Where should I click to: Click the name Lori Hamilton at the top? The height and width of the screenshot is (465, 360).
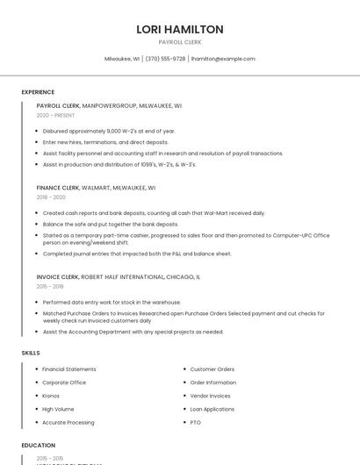[180, 29]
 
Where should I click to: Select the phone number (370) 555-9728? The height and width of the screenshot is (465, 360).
[165, 59]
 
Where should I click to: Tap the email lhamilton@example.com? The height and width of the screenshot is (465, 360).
[223, 59]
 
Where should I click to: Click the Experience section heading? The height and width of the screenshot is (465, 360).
[38, 92]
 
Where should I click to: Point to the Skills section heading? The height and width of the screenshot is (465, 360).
[31, 353]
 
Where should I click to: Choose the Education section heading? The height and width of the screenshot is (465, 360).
[39, 446]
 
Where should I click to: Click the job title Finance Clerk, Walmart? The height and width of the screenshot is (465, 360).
[96, 188]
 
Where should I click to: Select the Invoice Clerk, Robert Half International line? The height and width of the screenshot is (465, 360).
[119, 276]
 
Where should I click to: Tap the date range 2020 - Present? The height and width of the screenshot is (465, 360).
[55, 115]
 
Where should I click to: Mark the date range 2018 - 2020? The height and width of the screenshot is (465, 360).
[51, 197]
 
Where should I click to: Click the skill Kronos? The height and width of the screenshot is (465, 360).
[51, 396]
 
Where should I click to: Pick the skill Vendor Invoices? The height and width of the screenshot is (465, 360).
[211, 396]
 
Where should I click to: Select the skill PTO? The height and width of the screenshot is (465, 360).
[196, 423]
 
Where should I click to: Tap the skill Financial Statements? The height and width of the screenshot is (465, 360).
[69, 369]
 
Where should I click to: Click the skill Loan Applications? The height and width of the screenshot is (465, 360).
[212, 409]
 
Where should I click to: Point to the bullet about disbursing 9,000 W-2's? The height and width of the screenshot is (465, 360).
[109, 131]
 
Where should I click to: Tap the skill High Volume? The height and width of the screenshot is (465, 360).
[58, 409]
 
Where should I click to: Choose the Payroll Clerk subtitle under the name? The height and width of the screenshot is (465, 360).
[180, 42]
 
